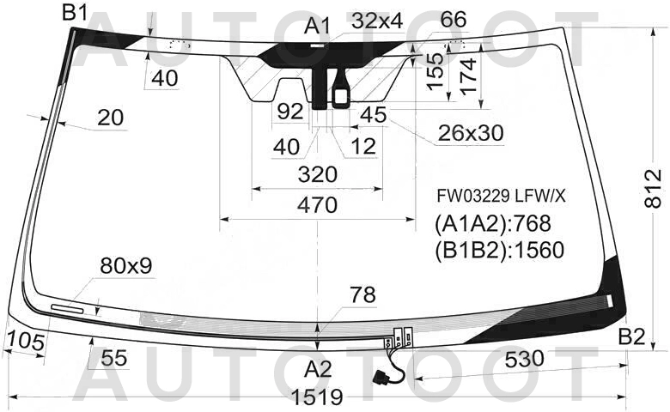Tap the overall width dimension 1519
click(x=317, y=397)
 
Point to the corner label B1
click(x=75, y=12)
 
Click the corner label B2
click(x=631, y=336)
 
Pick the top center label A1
click(x=318, y=27)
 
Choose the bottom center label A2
click(x=318, y=369)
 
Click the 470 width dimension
click(x=318, y=205)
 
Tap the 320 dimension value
click(x=318, y=174)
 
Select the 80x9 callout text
click(x=126, y=266)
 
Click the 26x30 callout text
click(x=471, y=133)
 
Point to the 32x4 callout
click(x=377, y=21)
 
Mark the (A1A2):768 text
click(x=493, y=223)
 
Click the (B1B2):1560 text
click(x=500, y=250)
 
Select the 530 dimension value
click(x=524, y=359)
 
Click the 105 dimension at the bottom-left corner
click(x=26, y=342)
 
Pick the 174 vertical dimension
click(x=469, y=76)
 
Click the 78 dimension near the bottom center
click(x=362, y=294)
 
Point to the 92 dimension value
click(x=290, y=112)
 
